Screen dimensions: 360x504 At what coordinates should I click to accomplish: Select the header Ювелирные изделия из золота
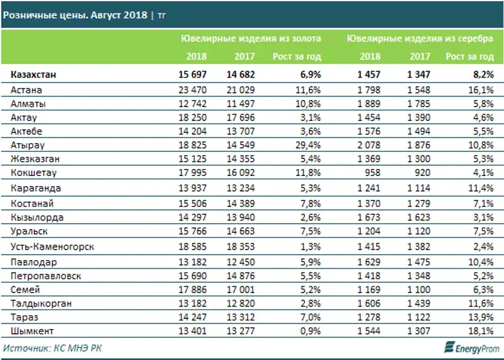click(x=251, y=38)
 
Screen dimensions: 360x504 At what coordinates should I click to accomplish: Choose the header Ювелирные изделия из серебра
click(x=420, y=38)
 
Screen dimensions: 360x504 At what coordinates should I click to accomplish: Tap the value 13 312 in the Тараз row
click(x=240, y=316)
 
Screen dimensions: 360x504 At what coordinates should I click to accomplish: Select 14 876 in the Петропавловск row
click(x=240, y=276)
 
